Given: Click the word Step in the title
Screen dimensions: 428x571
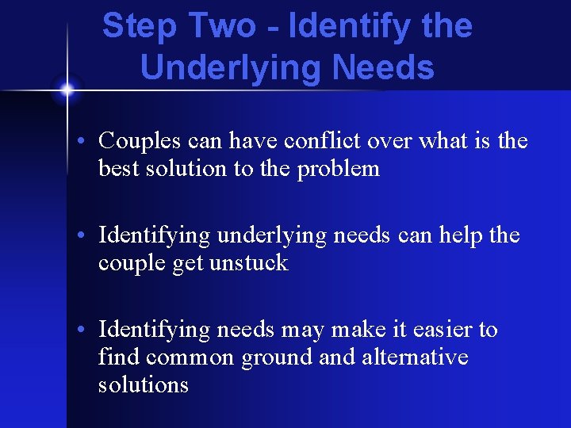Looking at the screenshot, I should (x=136, y=26).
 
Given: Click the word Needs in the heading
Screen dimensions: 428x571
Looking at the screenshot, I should (x=384, y=67).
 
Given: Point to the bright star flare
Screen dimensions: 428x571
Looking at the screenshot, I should (x=67, y=90).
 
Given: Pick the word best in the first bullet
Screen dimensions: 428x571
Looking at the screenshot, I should (x=116, y=169).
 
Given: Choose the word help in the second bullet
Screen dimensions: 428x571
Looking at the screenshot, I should (x=452, y=235).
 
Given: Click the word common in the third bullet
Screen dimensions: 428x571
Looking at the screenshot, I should (x=186, y=357).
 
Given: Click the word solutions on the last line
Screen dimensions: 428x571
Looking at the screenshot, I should (x=144, y=385).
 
